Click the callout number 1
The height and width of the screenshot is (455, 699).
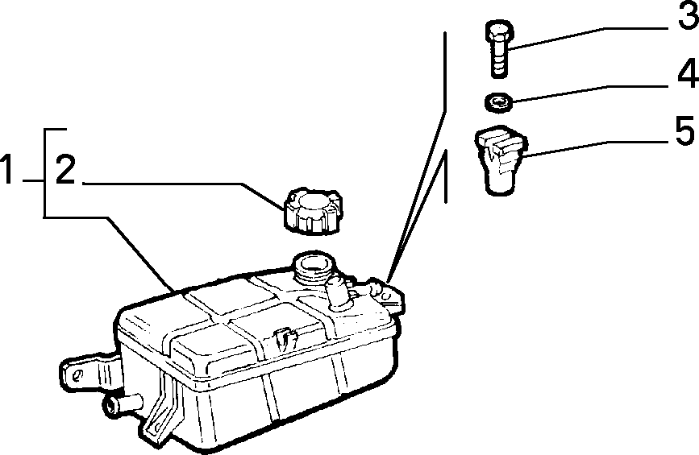click(x=6, y=169)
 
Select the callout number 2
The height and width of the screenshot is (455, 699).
click(x=65, y=169)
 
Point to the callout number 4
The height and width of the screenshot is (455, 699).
click(x=688, y=72)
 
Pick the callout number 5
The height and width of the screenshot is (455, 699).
click(x=684, y=130)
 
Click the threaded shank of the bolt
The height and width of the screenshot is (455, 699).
click(x=500, y=60)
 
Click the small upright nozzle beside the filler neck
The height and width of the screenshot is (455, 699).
click(x=339, y=292)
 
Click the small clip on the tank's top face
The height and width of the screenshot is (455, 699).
click(x=285, y=339)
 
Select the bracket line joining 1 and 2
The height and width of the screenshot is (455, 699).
click(x=44, y=173)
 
